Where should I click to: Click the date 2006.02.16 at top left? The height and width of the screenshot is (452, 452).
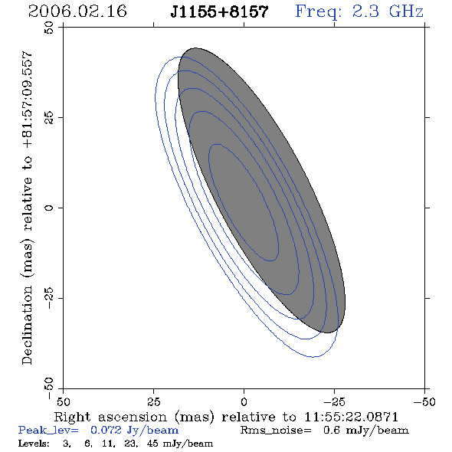pyautogui.click(x=77, y=11)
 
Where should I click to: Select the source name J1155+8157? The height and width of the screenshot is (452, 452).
pyautogui.click(x=219, y=12)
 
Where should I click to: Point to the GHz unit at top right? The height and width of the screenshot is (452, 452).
pyautogui.click(x=406, y=11)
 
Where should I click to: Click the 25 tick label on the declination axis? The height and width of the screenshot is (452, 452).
pyautogui.click(x=49, y=118)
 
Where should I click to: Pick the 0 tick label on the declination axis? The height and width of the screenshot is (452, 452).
pyautogui.click(x=49, y=208)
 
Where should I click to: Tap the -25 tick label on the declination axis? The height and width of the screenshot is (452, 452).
pyautogui.click(x=49, y=298)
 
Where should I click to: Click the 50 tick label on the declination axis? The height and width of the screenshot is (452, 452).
pyautogui.click(x=49, y=28)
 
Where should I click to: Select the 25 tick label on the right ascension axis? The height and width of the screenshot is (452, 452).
pyautogui.click(x=153, y=402)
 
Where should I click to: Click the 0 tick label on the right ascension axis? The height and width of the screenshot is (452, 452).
pyautogui.click(x=244, y=402)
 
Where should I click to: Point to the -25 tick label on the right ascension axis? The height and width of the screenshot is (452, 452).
pyautogui.click(x=334, y=402)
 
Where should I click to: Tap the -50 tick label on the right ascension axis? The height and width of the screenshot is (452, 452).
pyautogui.click(x=424, y=402)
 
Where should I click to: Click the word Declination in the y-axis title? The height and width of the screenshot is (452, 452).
pyautogui.click(x=27, y=325)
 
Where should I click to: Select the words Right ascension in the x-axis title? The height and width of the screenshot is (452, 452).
pyautogui.click(x=110, y=417)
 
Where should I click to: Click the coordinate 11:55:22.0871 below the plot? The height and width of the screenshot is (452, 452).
pyautogui.click(x=351, y=417)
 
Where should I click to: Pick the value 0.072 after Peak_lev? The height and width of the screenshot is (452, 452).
pyautogui.click(x=106, y=430)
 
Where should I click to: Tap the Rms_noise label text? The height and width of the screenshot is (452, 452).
pyautogui.click(x=276, y=431)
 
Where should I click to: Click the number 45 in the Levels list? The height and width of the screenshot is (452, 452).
pyautogui.click(x=152, y=444)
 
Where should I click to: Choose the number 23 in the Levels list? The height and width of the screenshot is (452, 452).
pyautogui.click(x=130, y=444)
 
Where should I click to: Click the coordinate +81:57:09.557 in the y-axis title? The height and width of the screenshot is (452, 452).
pyautogui.click(x=27, y=100)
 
